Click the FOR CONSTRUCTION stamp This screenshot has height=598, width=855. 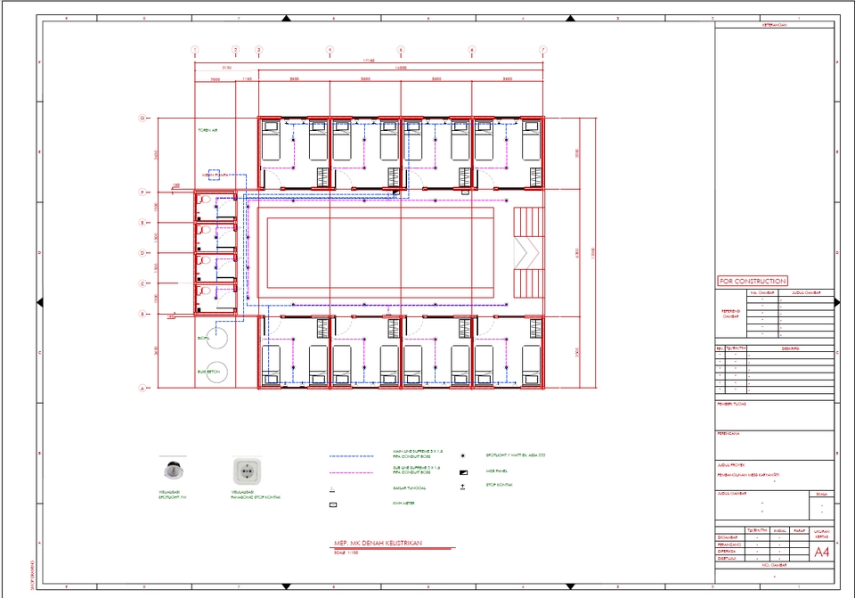point(752,281)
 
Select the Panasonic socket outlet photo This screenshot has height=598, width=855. point(244,471)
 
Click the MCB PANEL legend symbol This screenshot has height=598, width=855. point(463,471)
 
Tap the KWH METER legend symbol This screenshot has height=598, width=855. point(332,504)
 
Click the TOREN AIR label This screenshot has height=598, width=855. point(208,131)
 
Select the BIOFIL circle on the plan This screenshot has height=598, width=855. point(216,339)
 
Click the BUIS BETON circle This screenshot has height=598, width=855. point(216,372)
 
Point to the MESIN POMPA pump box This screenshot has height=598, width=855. point(214,175)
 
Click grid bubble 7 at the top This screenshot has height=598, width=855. point(542,50)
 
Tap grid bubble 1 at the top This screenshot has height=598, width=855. point(195,50)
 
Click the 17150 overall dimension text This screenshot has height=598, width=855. point(367,61)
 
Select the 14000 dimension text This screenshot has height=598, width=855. point(400,68)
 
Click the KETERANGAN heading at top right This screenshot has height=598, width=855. point(775,25)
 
